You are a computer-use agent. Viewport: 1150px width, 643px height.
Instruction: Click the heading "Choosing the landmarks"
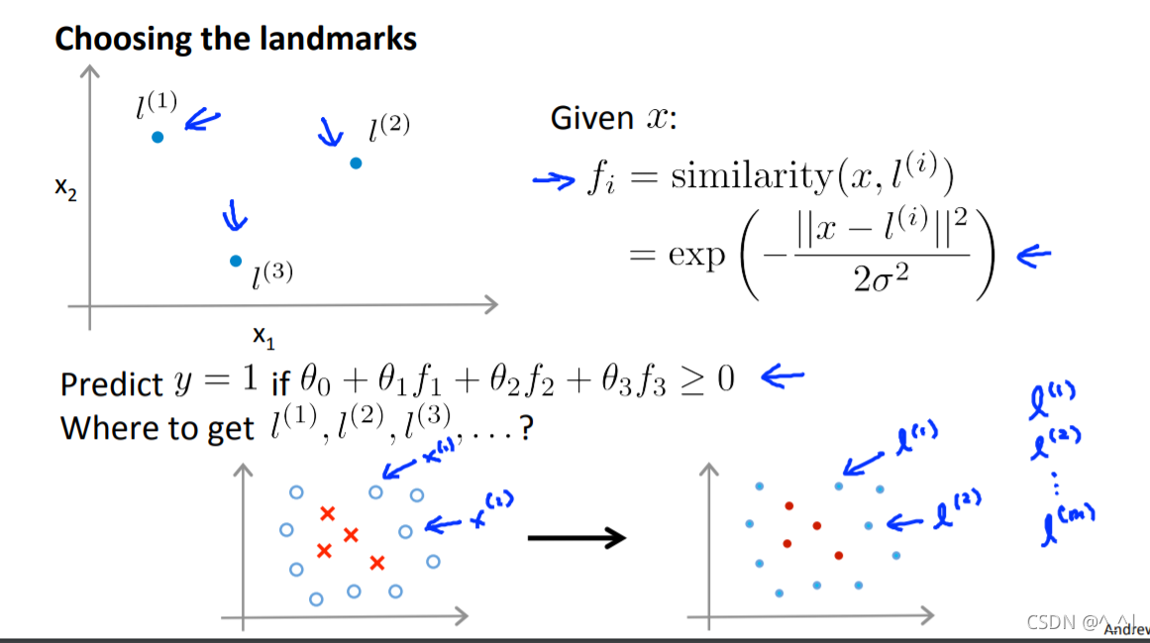[235, 40]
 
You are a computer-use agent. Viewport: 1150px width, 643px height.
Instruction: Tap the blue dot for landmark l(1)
[157, 137]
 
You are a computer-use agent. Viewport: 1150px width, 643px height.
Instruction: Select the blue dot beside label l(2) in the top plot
[356, 162]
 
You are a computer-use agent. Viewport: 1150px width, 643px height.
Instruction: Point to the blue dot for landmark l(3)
[236, 261]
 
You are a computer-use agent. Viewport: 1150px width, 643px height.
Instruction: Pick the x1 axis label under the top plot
[263, 338]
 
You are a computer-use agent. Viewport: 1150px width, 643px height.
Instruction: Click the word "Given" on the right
[591, 119]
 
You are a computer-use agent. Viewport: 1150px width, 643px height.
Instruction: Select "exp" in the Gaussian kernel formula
[695, 255]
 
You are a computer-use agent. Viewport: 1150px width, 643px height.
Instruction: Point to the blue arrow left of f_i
[554, 179]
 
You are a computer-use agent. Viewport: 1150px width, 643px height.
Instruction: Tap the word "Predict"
[111, 383]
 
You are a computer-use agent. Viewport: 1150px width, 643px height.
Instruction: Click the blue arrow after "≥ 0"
[782, 375]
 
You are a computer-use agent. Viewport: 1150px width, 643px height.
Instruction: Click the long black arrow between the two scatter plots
[576, 538]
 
